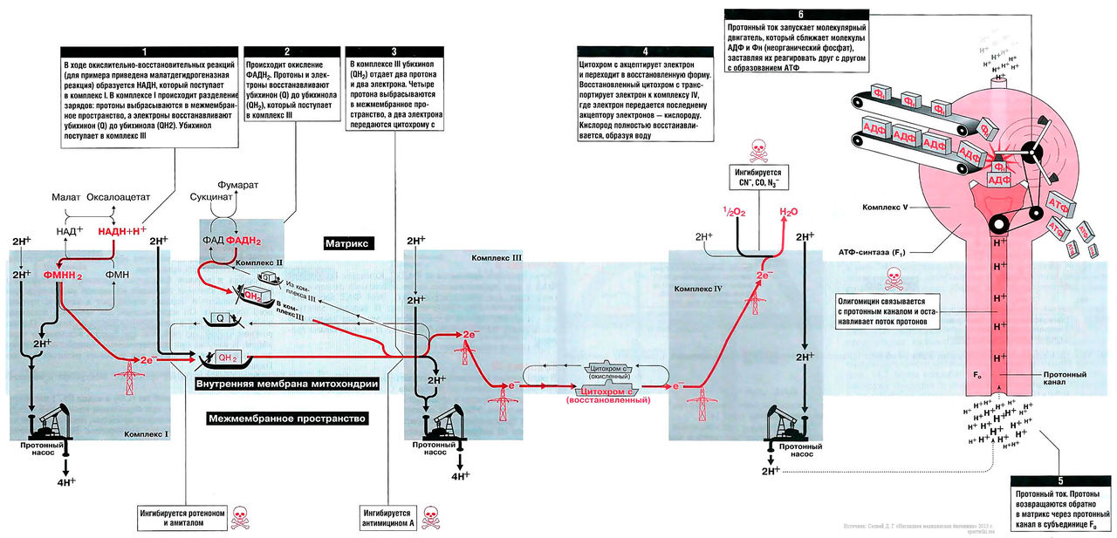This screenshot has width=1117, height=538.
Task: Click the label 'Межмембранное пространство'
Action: click(x=288, y=419)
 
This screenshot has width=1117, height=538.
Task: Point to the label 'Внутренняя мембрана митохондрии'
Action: click(x=286, y=384)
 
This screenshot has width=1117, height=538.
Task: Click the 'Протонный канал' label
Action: click(x=1064, y=379)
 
